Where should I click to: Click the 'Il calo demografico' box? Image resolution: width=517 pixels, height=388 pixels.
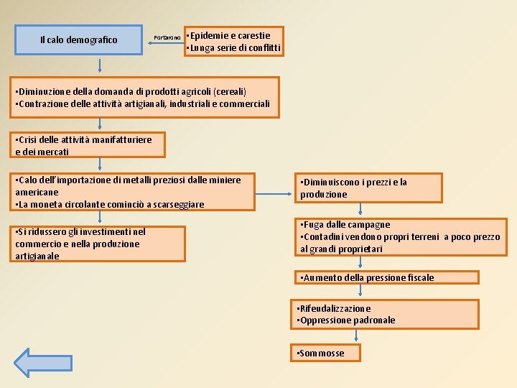coord(79,40)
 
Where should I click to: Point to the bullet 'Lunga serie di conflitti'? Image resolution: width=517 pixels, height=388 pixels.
coord(234,48)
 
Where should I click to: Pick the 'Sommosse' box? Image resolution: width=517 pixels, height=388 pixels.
coord(325,353)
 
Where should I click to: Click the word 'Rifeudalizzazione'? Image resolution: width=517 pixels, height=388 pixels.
coord(336,308)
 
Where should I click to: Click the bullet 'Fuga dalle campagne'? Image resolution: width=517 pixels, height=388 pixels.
coord(347,225)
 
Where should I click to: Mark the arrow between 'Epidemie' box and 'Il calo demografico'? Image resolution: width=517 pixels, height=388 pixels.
coord(164,43)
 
